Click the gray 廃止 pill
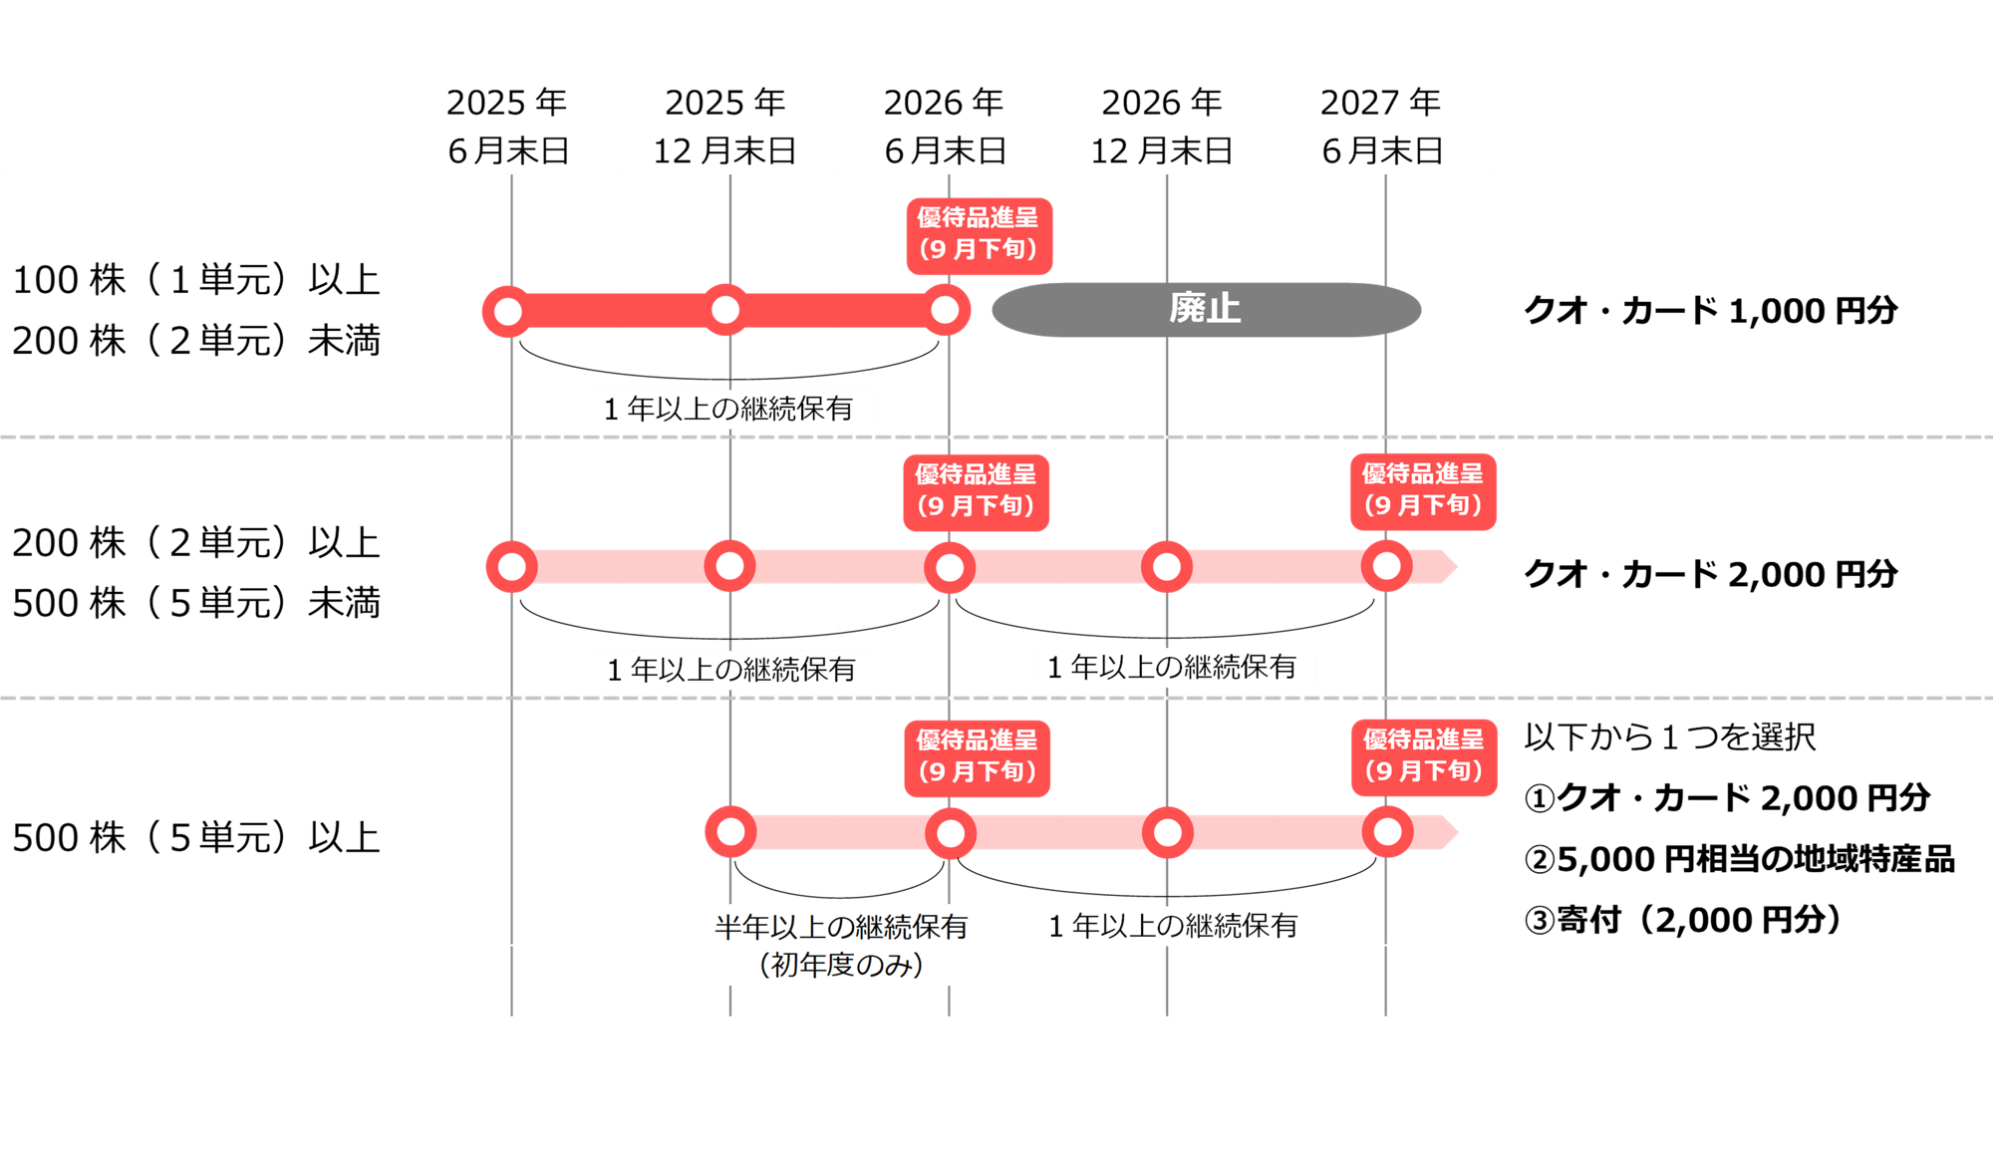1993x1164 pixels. point(1206,309)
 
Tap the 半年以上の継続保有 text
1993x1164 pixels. point(842,927)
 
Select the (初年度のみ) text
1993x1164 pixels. point(842,965)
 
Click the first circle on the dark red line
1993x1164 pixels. point(508,311)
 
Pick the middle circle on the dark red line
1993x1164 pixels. point(725,310)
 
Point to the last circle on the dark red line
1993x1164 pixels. point(945,310)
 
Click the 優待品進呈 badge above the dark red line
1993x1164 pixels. point(979,235)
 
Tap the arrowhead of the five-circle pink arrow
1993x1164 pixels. point(1448,567)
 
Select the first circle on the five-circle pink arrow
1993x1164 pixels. point(511,567)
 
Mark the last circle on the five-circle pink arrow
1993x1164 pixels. point(1386,566)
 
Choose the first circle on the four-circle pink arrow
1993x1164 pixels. point(730,832)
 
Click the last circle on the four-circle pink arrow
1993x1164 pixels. point(1387,832)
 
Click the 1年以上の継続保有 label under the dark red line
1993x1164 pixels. point(729,409)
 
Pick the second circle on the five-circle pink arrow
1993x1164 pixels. point(729,566)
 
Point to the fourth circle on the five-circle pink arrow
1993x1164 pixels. point(1167,567)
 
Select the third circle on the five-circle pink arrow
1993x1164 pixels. point(950,568)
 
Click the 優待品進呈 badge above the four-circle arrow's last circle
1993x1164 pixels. point(1423,756)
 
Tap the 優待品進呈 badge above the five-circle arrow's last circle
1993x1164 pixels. point(1422,490)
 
